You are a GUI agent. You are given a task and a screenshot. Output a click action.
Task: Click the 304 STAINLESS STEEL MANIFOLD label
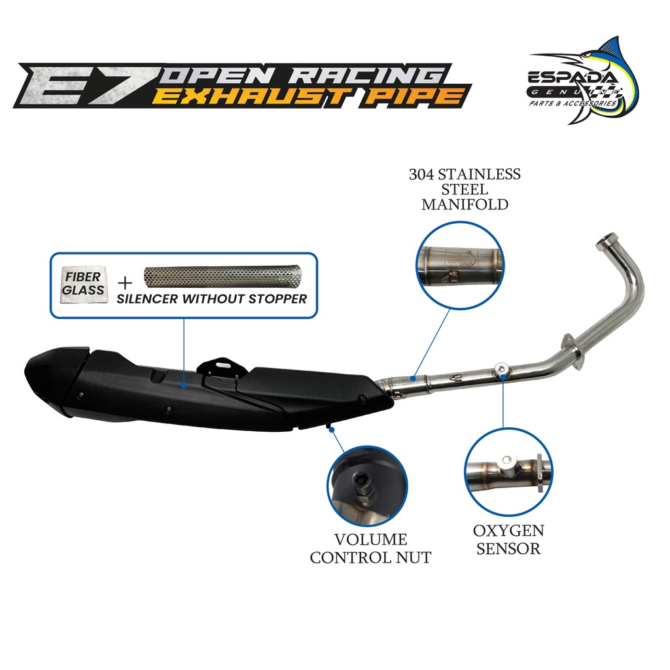465,189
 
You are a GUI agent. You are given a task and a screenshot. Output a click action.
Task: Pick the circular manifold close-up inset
461,263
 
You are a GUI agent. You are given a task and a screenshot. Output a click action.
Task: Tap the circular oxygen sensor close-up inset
504,470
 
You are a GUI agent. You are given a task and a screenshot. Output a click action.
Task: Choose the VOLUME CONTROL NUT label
370,548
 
